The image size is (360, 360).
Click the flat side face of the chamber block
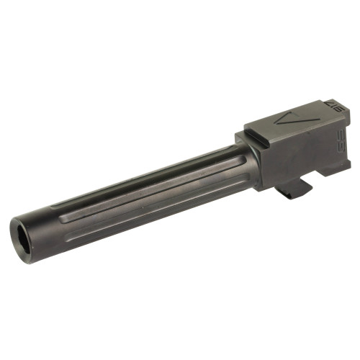pos(302,155)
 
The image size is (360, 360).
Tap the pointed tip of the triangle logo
pos(279,122)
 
